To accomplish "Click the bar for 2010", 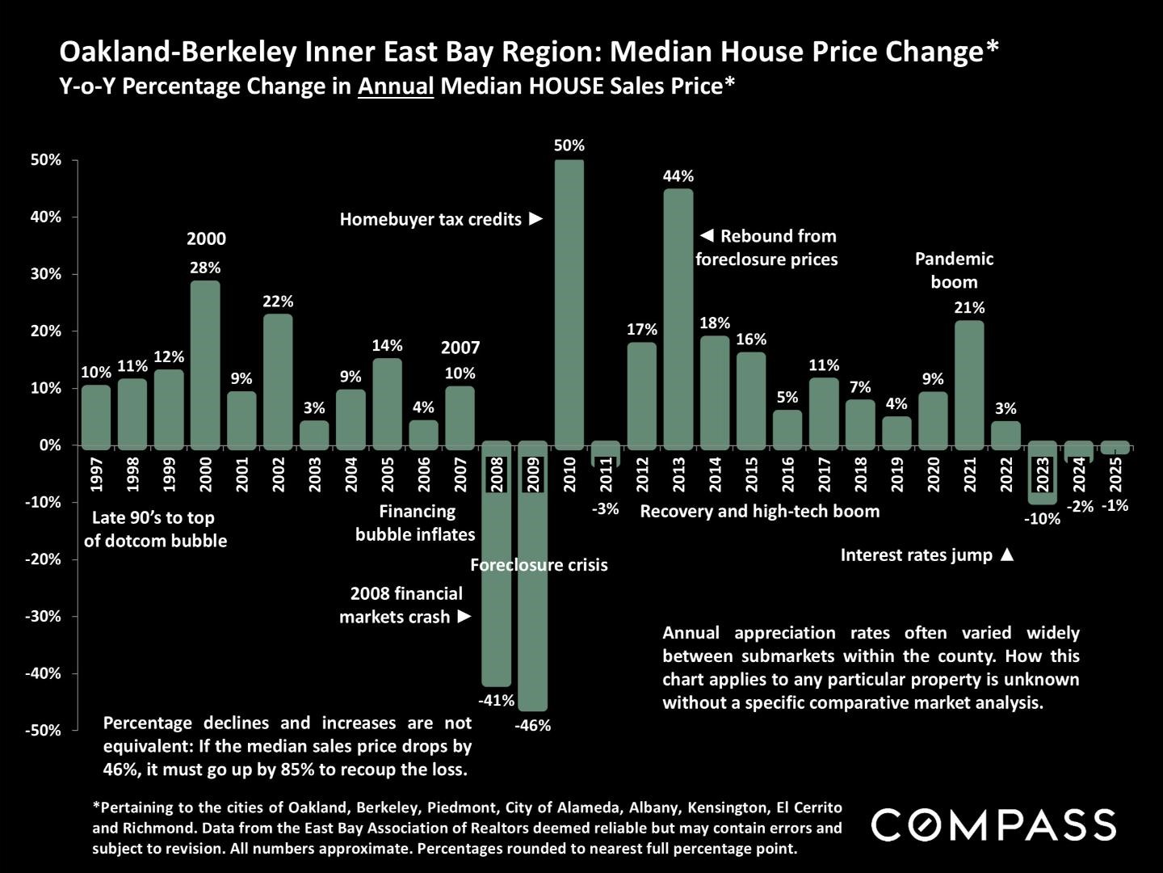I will (569, 303).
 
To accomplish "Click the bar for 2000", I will (205, 364).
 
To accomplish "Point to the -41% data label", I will (496, 701).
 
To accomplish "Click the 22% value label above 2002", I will (278, 302).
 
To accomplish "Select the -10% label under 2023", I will (1042, 519).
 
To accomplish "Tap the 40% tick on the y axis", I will (46, 217).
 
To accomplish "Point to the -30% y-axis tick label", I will (44, 616).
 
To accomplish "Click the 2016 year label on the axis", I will (787, 474).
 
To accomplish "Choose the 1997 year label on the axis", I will (97, 474).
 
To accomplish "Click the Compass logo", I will (993, 824).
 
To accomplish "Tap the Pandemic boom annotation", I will (954, 270).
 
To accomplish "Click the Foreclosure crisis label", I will (539, 565).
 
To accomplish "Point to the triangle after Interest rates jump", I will (1006, 555).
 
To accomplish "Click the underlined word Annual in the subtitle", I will (396, 86).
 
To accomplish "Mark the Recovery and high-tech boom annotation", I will (759, 511).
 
